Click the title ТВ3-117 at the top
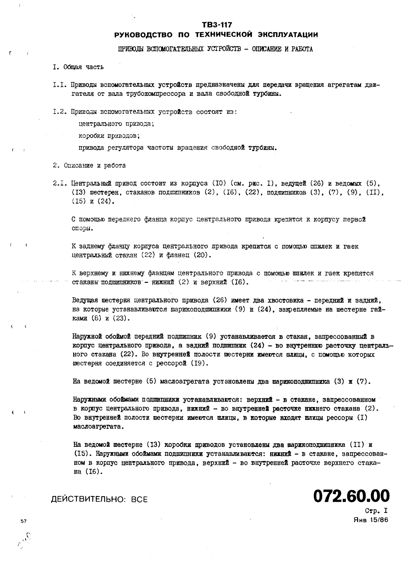pyautogui.click(x=217, y=25)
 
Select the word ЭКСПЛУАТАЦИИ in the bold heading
pyautogui.click(x=288, y=35)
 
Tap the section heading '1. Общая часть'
pyautogui.click(x=78, y=67)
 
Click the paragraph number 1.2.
pyautogui.click(x=60, y=112)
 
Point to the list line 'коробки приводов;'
pyautogui.click(x=109, y=136)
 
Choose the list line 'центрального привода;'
pyautogui.click(x=116, y=124)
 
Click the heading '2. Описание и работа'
pyautogui.click(x=89, y=165)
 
